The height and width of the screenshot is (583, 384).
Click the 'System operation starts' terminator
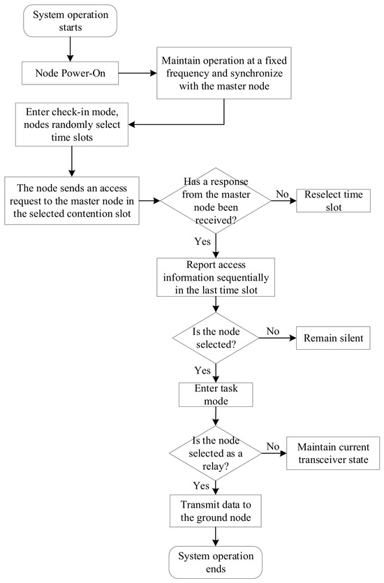click(x=71, y=21)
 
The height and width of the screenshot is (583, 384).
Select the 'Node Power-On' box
click(x=71, y=73)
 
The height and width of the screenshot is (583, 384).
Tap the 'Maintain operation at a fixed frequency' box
click(x=224, y=73)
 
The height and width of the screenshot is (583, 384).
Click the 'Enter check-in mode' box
click(x=72, y=124)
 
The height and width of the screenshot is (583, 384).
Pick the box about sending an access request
click(x=72, y=201)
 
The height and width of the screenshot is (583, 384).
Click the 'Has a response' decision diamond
click(x=216, y=201)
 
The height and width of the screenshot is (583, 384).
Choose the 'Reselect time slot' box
click(x=334, y=201)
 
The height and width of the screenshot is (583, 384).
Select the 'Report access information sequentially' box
click(x=216, y=277)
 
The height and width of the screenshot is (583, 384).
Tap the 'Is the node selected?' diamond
click(x=216, y=338)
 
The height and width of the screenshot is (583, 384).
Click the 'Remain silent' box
click(x=333, y=338)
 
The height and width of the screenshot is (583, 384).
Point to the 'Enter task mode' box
click(x=216, y=395)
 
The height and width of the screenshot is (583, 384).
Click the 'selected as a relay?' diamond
click(x=216, y=453)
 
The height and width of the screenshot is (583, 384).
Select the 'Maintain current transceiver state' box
click(x=333, y=453)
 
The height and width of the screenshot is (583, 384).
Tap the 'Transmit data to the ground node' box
click(x=216, y=511)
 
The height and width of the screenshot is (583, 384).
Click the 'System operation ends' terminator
click(x=216, y=562)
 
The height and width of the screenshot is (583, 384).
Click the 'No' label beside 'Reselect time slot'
click(x=282, y=194)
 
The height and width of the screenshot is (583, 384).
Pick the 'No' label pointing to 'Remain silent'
click(x=273, y=331)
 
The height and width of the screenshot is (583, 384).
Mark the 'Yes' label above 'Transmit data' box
click(x=201, y=486)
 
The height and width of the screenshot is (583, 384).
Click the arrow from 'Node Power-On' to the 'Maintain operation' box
click(x=138, y=73)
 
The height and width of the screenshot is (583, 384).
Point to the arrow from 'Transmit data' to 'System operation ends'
click(x=216, y=536)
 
